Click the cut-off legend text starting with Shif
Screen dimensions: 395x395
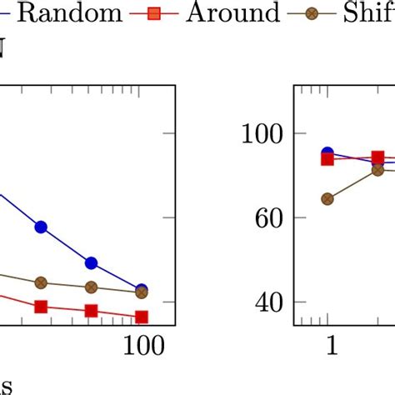pos(367,12)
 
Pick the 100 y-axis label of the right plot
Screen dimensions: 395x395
pos(262,133)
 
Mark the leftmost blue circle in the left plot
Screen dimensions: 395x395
pos(40,227)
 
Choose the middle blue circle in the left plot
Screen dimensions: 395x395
pos(92,263)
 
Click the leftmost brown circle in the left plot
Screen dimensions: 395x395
pos(40,283)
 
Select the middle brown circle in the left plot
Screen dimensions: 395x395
pos(92,287)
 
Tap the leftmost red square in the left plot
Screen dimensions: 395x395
pos(40,307)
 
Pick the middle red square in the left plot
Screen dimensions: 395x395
pos(92,312)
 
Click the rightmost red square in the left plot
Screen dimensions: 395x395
pos(142,317)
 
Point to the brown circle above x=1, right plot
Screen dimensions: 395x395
pos(327,199)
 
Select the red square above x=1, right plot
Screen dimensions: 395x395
pos(327,159)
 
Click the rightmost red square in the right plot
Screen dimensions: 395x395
pos(377,157)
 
